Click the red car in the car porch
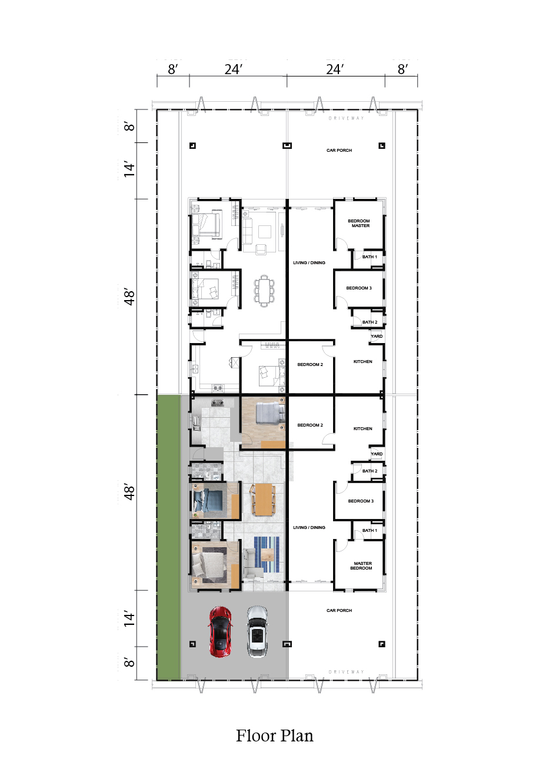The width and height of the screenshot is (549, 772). pos(220,631)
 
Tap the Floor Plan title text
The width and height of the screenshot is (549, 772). pos(275,736)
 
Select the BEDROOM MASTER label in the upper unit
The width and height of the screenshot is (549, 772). pos(359,224)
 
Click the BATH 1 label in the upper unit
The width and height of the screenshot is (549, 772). pos(370,257)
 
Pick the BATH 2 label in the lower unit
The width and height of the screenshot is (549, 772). pos(370,471)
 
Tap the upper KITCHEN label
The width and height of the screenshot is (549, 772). pos(362,361)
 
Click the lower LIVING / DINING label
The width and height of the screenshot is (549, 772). pos(309,527)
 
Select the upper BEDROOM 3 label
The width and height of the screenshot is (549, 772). pos(359,288)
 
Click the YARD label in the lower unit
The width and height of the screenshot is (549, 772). pos(377,454)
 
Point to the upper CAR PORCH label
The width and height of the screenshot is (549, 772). pos(339,150)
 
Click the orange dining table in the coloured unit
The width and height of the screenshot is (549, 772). pos(263,499)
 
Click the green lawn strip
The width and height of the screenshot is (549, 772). pos(168,538)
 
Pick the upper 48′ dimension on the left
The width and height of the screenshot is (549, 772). pos(129,297)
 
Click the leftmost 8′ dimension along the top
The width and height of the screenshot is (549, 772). pos(172,69)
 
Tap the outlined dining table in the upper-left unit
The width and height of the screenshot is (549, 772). pos(264,290)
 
